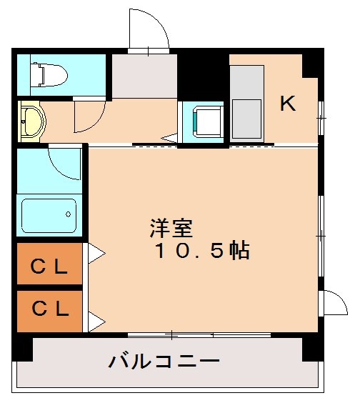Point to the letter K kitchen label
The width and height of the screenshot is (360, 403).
pyautogui.click(x=287, y=104)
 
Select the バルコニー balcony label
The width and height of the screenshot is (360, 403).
pyautogui.click(x=164, y=360)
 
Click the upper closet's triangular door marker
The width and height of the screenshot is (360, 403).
pyautogui.click(x=95, y=253)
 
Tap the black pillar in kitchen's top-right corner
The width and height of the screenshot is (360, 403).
pyautogui.click(x=312, y=64)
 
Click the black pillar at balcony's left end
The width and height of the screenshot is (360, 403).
pyautogui.click(x=24, y=349)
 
